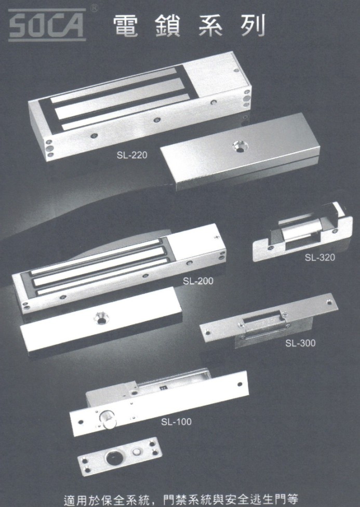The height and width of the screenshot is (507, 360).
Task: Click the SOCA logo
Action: point(47,25)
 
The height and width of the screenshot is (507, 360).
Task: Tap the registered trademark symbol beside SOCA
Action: point(94,8)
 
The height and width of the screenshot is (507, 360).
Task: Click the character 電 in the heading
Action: point(126,25)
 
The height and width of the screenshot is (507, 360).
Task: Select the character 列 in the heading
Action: point(253,25)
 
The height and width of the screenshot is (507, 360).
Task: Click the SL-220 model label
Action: point(132,155)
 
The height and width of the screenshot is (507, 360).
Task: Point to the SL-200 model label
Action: point(198,281)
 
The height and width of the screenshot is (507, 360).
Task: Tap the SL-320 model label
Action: point(320,258)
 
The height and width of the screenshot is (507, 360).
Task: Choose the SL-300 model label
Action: point(300,343)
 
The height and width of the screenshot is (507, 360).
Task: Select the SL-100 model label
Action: point(176,422)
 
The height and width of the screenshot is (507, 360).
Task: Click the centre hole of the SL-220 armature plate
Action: point(240,147)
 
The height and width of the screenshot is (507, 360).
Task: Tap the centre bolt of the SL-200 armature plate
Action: point(101,318)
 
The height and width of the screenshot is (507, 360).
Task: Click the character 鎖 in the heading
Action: point(168,25)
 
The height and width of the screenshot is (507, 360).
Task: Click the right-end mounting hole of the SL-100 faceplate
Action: point(239,384)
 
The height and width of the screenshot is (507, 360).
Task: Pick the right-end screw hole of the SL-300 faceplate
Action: point(329,303)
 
